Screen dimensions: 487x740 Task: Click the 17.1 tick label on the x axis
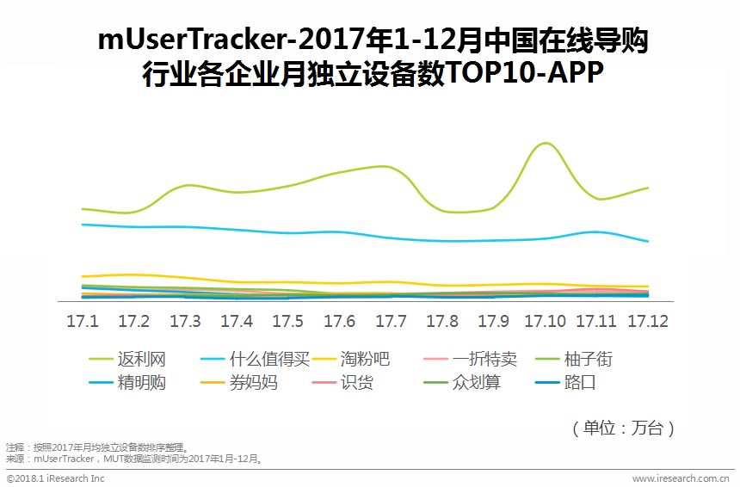point(83,321)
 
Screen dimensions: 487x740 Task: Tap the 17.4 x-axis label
point(237,321)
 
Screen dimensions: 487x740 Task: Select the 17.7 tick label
point(391,321)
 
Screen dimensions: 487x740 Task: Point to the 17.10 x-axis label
point(545,321)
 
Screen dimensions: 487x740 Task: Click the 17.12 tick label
point(648,321)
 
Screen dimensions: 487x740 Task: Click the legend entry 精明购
point(141,383)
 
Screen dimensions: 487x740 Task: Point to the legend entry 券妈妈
point(253,383)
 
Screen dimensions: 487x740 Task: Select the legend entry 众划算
point(476,383)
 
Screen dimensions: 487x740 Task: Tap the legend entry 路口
point(580,383)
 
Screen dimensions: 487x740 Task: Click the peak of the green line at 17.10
point(544,143)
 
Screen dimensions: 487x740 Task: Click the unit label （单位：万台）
point(623,428)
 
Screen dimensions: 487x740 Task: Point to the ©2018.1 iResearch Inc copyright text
point(55,478)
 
